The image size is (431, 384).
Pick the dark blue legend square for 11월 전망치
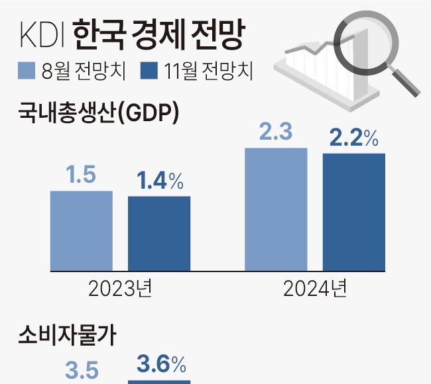tap(150, 70)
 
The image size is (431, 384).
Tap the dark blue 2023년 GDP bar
tap(159, 233)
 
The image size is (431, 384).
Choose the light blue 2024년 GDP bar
tap(277, 209)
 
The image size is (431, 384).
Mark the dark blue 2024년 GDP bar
tap(354, 212)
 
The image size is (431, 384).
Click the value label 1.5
tap(81, 175)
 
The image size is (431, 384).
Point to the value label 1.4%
tap(160, 181)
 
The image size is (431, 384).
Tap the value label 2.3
tap(276, 132)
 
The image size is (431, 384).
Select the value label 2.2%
tap(354, 138)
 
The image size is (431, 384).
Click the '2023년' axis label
tap(121, 289)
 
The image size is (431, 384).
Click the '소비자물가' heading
tap(67, 336)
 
